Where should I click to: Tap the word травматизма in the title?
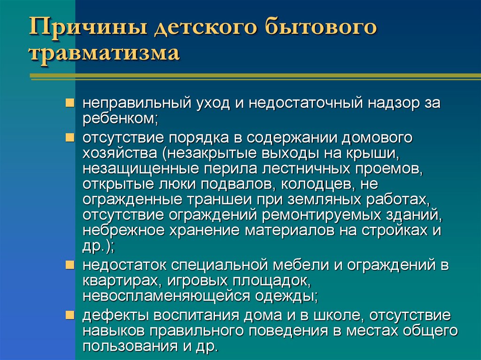[104, 53]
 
